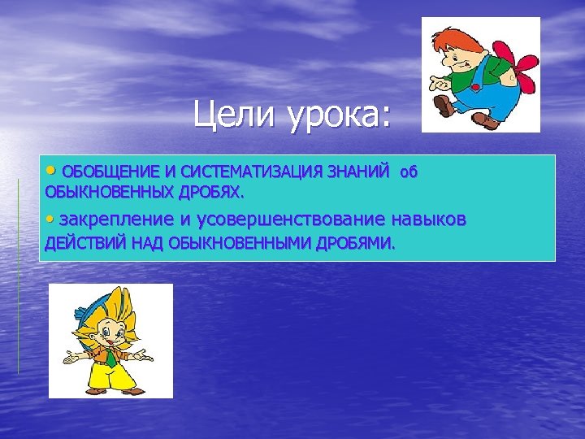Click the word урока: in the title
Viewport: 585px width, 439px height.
(337, 118)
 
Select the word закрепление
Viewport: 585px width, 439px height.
(117, 219)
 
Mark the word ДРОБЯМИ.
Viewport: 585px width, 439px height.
(353, 242)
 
